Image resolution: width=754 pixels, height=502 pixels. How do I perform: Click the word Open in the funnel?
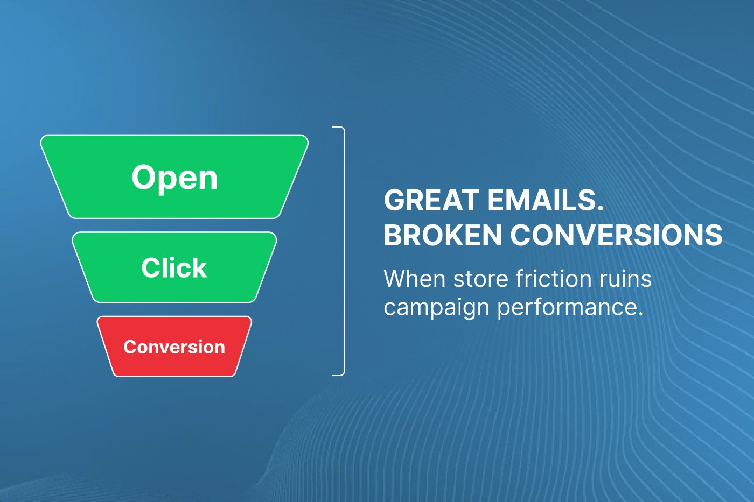[174, 178]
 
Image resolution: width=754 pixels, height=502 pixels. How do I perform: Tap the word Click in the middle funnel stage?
[174, 267]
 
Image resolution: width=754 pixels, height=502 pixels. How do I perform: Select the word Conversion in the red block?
[174, 347]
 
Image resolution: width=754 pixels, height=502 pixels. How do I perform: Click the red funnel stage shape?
[174, 347]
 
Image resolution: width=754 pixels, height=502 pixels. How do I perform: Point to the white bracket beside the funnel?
[344, 251]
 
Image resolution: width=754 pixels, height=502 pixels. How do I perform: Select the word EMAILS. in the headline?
[545, 200]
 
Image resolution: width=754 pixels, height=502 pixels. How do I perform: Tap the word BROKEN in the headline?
[443, 235]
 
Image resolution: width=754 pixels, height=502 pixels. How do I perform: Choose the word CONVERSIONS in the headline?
[617, 235]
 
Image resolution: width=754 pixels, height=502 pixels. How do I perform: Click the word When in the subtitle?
[414, 278]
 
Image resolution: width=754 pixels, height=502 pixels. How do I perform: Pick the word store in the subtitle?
[480, 279]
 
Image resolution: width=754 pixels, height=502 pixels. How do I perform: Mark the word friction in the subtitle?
[553, 278]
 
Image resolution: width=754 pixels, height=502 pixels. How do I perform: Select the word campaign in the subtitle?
[436, 308]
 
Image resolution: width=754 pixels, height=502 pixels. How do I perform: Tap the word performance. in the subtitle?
[570, 308]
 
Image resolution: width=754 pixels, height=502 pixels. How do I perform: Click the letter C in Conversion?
[130, 347]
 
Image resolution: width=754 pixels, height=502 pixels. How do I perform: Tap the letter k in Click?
[200, 267]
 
